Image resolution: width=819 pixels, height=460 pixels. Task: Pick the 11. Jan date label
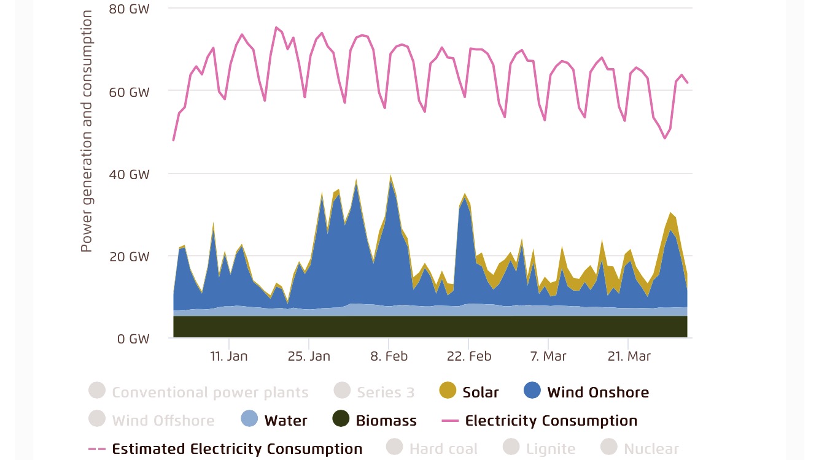228,356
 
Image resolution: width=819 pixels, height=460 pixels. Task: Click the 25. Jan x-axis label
309,356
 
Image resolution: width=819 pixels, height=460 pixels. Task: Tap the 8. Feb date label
389,356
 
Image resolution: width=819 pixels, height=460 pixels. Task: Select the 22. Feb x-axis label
468,356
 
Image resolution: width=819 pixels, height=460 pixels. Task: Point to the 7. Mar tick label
548,356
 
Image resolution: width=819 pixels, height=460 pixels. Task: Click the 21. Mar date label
628,356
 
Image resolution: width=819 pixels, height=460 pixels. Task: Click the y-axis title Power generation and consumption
87,131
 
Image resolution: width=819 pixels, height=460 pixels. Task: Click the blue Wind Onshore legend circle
532,391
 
